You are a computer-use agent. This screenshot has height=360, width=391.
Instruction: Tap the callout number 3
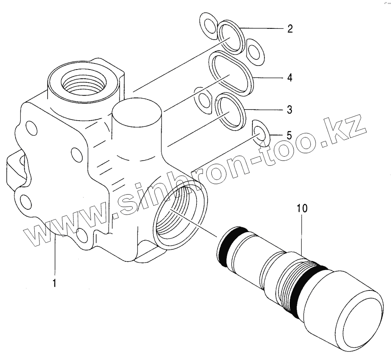[x=290, y=109]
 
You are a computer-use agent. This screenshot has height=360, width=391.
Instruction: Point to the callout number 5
[x=288, y=135]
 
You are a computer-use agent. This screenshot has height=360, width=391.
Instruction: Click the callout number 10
[x=302, y=209]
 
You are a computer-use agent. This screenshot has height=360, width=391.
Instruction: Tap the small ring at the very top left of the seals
[x=208, y=26]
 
